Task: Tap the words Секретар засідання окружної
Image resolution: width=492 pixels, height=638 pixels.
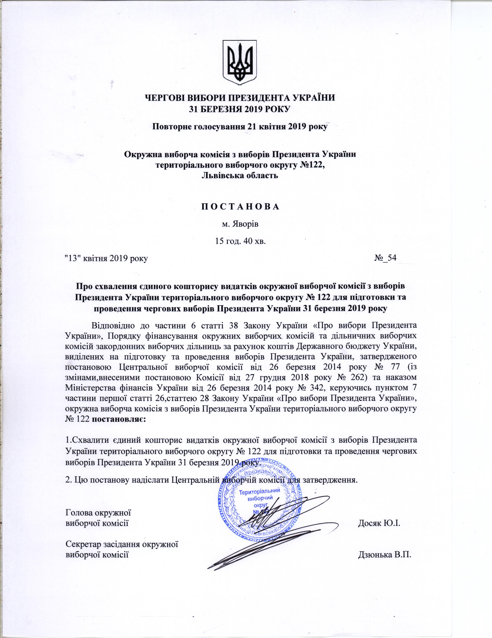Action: [x=122, y=544]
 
